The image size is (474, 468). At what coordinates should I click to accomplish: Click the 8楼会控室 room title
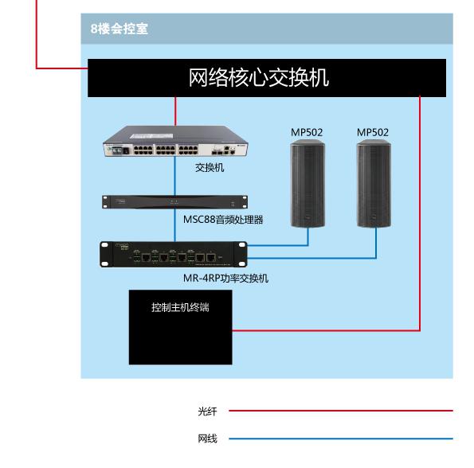119,29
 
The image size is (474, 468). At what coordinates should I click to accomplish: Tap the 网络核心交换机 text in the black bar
259,77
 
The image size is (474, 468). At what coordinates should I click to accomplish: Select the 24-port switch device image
175,142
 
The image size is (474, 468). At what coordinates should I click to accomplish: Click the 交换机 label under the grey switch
210,168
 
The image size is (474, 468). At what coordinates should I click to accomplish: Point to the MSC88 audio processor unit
174,201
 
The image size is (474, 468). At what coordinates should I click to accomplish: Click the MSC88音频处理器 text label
223,220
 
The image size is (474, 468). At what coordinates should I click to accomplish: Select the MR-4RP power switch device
174,254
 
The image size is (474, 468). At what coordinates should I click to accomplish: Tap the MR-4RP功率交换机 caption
225,278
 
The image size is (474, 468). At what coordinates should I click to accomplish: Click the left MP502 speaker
308,184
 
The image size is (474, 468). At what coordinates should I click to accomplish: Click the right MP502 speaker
374,184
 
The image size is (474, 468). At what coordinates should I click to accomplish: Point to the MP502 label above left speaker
307,132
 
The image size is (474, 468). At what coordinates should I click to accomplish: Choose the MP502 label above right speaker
373,132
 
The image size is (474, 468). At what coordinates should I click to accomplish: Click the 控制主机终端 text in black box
180,307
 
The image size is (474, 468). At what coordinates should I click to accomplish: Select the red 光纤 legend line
341,411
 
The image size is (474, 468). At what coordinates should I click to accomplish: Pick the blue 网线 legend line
341,439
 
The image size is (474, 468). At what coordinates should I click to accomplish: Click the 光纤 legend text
207,411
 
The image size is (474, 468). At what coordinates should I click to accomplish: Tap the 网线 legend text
207,439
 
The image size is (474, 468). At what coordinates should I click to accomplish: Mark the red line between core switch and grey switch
175,111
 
